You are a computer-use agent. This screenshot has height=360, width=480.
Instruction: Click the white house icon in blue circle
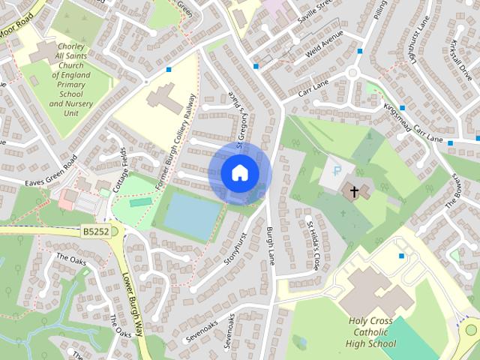(x=239, y=172)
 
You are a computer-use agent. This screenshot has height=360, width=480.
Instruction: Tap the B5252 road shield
(x=96, y=233)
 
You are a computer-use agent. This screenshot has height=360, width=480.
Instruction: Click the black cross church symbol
(x=353, y=190)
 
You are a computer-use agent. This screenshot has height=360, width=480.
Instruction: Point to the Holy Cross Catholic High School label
(x=370, y=331)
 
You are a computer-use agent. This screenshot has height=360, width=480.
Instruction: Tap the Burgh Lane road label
(x=271, y=247)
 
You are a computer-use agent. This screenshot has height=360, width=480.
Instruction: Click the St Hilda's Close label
(x=313, y=244)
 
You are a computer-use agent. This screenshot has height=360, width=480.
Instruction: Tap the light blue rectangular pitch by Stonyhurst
(x=191, y=214)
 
